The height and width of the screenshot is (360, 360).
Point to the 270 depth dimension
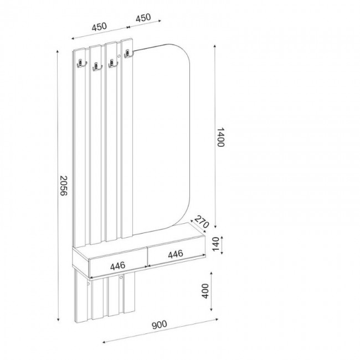(x=202, y=223)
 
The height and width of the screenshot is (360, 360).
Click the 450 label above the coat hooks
(x=99, y=27)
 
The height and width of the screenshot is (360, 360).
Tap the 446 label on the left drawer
(x=117, y=265)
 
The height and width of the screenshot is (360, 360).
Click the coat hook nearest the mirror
(x=128, y=54)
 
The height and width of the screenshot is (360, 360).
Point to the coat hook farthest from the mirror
(x=80, y=64)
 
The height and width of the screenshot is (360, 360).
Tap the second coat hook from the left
(x=97, y=67)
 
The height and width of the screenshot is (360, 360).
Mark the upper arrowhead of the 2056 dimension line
(x=58, y=51)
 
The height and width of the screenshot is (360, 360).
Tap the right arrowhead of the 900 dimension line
(x=217, y=320)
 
